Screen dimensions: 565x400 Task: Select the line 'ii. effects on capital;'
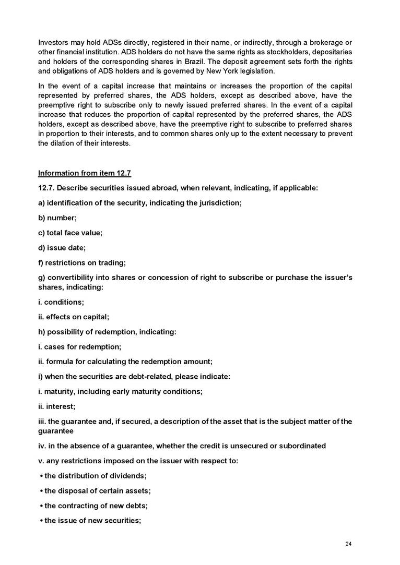pos(74,317)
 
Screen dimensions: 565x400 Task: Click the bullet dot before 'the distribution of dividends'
pos(41,476)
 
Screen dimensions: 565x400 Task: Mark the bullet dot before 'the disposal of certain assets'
pos(41,491)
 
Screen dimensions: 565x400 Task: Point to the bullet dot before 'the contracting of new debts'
pos(41,506)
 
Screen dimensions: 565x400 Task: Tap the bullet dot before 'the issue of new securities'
pos(41,520)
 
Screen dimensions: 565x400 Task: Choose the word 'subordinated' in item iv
pos(304,446)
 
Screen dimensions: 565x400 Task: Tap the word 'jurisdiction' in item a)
pos(218,203)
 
